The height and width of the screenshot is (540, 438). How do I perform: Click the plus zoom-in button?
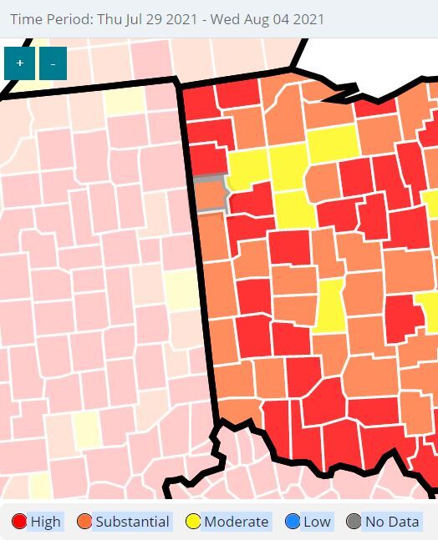click(19, 63)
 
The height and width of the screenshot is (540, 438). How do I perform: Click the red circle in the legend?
click(19, 522)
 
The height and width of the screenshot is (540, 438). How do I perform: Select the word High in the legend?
click(46, 522)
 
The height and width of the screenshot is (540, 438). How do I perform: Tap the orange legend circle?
click(84, 522)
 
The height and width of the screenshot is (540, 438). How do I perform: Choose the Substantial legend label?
click(132, 522)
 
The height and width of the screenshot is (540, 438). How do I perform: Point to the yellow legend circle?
click(193, 522)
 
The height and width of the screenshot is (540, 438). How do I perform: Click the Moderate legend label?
click(237, 522)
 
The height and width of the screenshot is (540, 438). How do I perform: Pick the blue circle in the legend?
click(293, 522)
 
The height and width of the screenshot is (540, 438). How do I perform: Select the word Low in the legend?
click(317, 522)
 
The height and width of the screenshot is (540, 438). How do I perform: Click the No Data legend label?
click(392, 522)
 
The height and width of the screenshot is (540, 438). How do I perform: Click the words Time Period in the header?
click(47, 18)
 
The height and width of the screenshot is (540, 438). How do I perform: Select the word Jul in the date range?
click(134, 18)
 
